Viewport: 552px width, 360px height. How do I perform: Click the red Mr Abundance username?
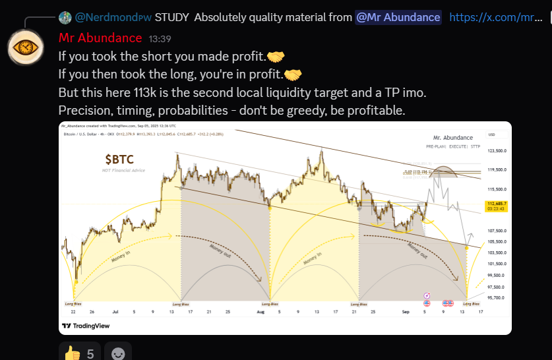pyautogui.click(x=100, y=38)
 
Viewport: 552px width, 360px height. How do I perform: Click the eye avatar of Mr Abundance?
pyautogui.click(x=26, y=47)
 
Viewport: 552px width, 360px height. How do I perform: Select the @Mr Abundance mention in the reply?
pyautogui.click(x=398, y=17)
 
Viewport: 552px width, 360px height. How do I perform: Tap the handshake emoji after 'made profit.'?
pyautogui.click(x=276, y=57)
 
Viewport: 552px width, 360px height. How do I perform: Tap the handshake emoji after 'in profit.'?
pyautogui.click(x=293, y=74)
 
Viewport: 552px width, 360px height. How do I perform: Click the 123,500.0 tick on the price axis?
pyautogui.click(x=496, y=151)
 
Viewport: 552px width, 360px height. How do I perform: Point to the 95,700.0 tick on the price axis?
pyautogui.click(x=496, y=298)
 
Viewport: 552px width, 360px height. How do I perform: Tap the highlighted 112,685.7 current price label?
pyautogui.click(x=496, y=205)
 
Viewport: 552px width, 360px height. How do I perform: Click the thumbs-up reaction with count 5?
pyautogui.click(x=79, y=353)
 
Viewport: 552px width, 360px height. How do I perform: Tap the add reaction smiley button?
pyautogui.click(x=118, y=353)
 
